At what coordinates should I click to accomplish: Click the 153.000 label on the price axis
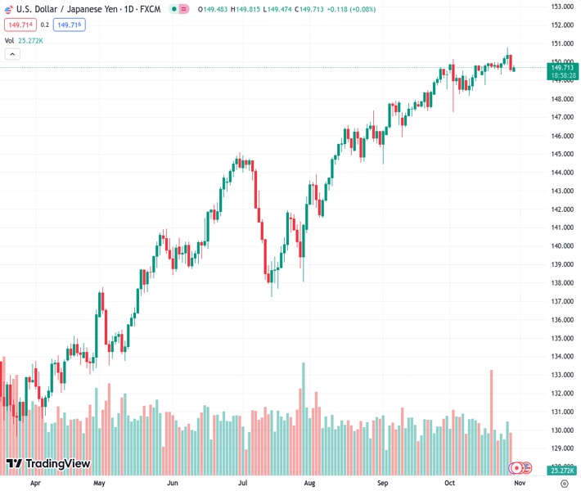(561, 7)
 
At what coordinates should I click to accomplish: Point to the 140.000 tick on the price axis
(561, 246)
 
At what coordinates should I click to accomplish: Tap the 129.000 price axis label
(561, 448)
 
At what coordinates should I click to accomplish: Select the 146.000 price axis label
(561, 136)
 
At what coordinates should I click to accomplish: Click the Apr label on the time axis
(35, 483)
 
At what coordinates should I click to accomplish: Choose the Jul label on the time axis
(243, 483)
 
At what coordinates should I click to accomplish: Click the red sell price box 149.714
(20, 25)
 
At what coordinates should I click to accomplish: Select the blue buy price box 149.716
(69, 25)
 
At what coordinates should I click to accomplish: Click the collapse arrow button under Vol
(12, 54)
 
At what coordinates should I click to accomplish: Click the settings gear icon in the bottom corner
(564, 483)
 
